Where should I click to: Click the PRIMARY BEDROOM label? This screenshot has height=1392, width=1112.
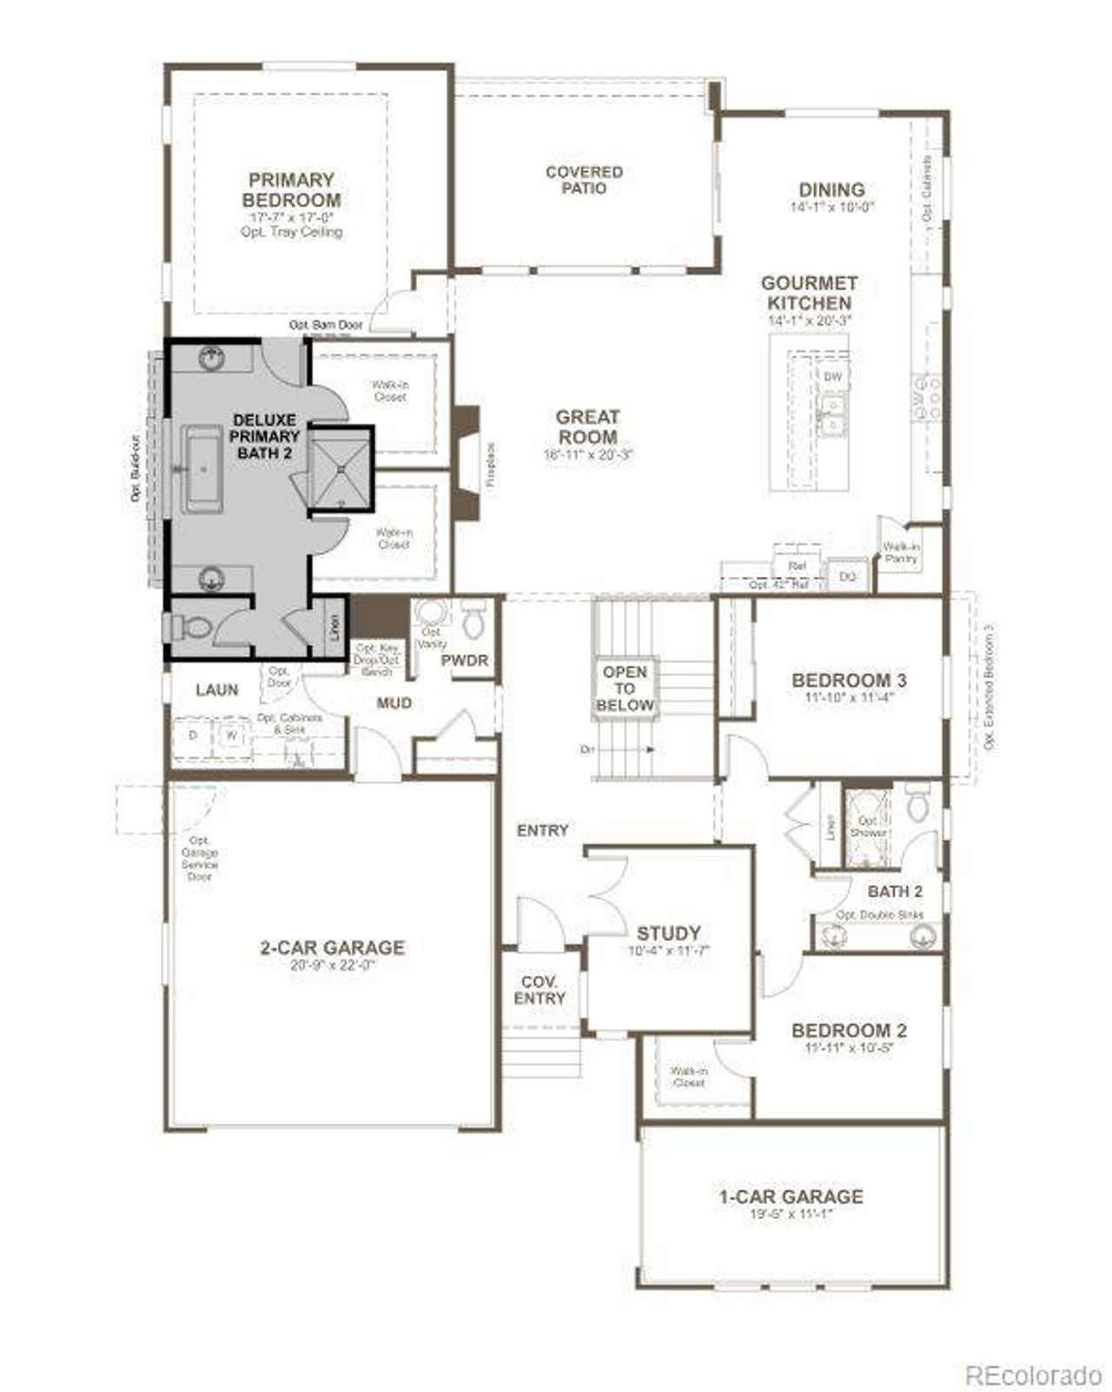click(x=291, y=190)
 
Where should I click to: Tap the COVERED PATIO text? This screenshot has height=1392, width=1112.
click(x=584, y=180)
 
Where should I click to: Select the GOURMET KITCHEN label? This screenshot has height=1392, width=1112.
click(x=809, y=293)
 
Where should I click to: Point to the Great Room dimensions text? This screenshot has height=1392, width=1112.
click(x=587, y=454)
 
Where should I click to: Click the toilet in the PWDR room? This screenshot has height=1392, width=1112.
click(x=473, y=619)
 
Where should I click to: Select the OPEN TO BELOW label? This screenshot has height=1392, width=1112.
click(x=625, y=688)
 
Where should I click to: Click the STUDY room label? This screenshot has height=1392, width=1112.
click(x=668, y=933)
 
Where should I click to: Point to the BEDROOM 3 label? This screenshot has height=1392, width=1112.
click(x=842, y=679)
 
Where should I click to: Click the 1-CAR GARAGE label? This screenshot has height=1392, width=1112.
click(x=791, y=1196)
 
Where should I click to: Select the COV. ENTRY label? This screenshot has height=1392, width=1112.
click(x=539, y=990)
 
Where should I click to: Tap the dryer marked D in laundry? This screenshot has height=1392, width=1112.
click(x=194, y=735)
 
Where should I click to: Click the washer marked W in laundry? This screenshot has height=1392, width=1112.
click(x=232, y=735)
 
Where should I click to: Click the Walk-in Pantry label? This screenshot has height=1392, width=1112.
click(x=901, y=553)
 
